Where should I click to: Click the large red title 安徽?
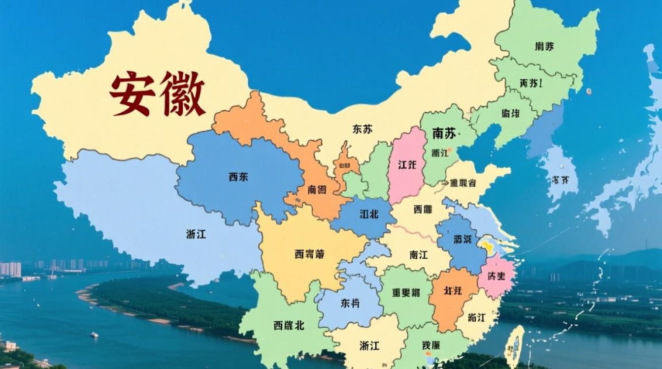157,93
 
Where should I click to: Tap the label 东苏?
363,129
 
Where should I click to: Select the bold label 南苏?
444,133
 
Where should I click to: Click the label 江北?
369,215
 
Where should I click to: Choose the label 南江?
418,255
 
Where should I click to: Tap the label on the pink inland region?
407,165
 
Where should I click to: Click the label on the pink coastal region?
496,276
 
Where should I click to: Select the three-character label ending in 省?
463,183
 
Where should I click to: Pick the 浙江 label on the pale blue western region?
196,234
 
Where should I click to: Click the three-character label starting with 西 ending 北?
288,325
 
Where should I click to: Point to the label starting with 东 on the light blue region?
350,303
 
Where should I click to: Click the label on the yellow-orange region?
309,254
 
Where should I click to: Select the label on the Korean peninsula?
558,180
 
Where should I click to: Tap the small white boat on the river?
94,335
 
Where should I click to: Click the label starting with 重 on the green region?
406,292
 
